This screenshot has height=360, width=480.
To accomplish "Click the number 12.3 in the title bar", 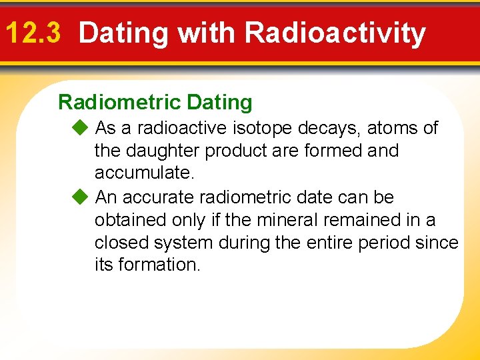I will point(33,33).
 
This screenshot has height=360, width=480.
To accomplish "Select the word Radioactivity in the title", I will point(335,33).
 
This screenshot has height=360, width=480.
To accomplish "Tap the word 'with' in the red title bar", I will point(205,33).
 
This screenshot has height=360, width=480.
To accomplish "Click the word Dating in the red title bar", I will point(123,33).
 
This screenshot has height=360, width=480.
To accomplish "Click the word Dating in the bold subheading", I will point(220,102).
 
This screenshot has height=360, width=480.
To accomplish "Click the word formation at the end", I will point(159,265).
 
